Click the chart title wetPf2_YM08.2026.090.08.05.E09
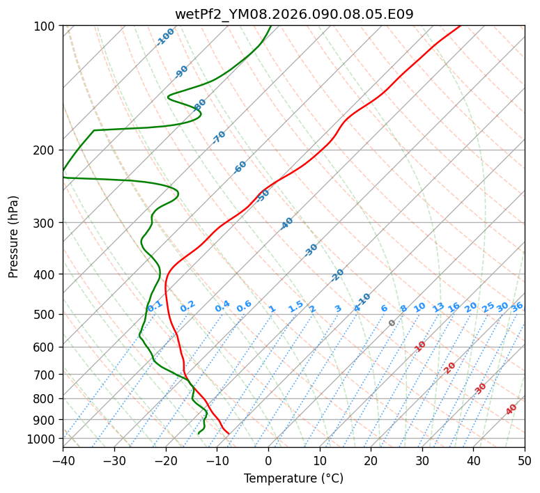[x=293, y=14]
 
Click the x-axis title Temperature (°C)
[x=293, y=479]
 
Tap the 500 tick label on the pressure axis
[x=45, y=315]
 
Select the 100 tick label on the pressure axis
[x=45, y=26]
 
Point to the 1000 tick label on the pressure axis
[x=43, y=439]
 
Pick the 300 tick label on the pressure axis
[x=45, y=223]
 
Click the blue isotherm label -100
[x=165, y=36]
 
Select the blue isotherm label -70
[x=219, y=137]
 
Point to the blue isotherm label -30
[x=311, y=250]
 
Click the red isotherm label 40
[x=511, y=409]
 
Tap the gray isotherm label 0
[x=392, y=323]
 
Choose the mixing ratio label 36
[x=517, y=306]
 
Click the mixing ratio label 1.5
[x=295, y=306]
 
